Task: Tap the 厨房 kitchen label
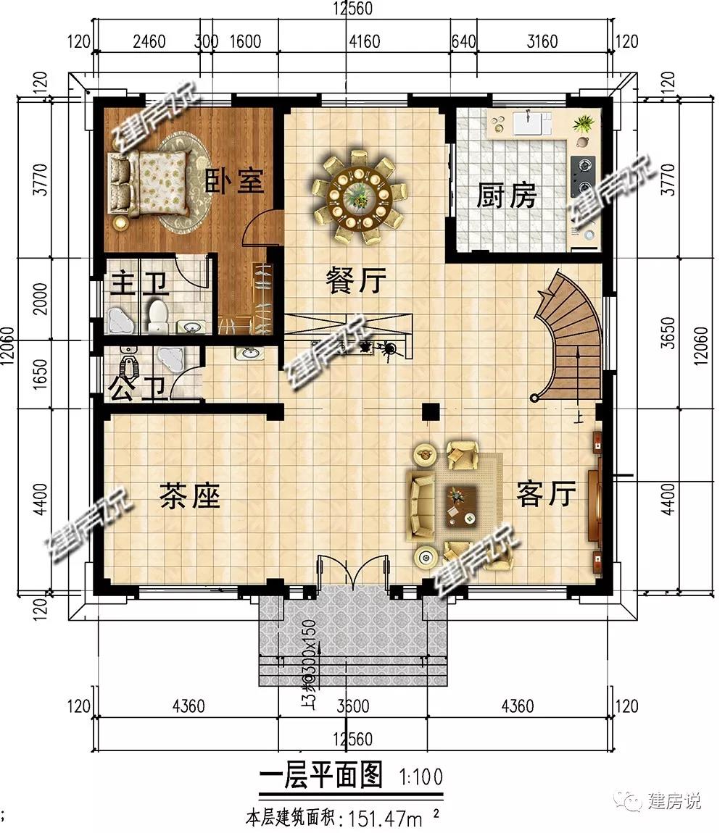pyautogui.click(x=506, y=196)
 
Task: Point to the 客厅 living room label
pyautogui.click(x=547, y=495)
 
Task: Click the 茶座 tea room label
pyautogui.click(x=189, y=497)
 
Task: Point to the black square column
pyautogui.click(x=431, y=411)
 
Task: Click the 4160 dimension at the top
pyautogui.click(x=364, y=41)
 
